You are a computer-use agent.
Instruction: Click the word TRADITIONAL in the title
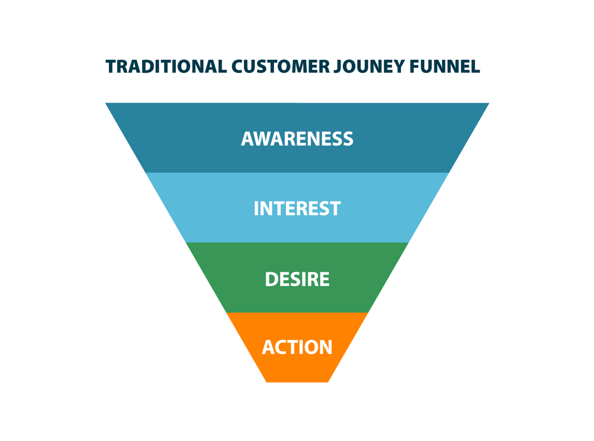(x=165, y=67)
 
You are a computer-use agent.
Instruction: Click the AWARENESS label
(x=297, y=139)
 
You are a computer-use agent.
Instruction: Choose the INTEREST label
(x=297, y=209)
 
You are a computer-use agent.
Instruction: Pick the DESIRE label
(x=297, y=279)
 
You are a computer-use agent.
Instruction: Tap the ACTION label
(x=297, y=348)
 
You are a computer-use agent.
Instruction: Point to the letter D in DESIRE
(x=271, y=279)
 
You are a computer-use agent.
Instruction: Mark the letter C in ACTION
(x=282, y=348)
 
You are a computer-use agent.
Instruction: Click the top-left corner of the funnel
(x=106, y=104)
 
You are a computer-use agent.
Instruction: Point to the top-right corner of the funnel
(x=488, y=104)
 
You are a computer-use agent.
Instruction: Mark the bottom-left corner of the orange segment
(x=266, y=382)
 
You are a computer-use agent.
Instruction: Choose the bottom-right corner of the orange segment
(x=328, y=382)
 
